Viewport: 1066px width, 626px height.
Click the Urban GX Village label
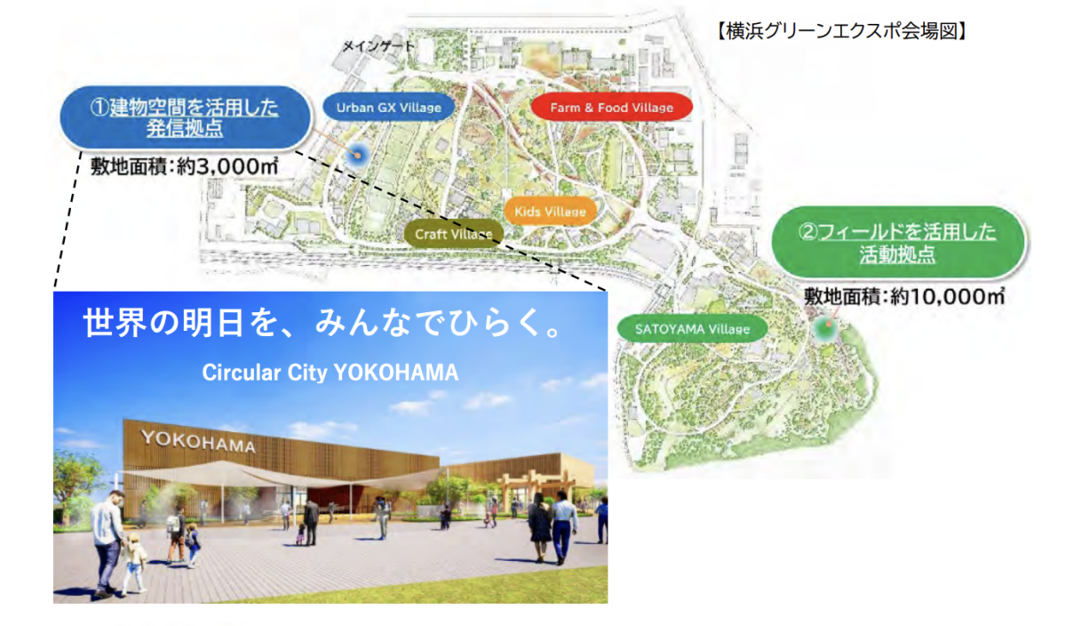tap(389, 108)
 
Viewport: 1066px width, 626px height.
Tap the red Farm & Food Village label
tap(611, 108)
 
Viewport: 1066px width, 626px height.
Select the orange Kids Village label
tap(550, 212)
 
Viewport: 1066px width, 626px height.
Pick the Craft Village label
tap(454, 234)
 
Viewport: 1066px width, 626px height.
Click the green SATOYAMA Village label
tap(692, 329)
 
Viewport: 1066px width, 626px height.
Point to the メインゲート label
tap(378, 45)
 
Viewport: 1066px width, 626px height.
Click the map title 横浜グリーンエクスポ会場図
tap(841, 31)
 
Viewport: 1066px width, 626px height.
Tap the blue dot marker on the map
tap(356, 155)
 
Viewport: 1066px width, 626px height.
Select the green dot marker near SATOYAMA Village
tap(827, 327)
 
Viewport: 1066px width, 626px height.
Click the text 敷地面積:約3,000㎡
tap(185, 167)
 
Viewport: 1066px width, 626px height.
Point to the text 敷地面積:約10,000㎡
tap(904, 296)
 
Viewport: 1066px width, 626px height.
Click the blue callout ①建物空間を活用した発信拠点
tap(185, 117)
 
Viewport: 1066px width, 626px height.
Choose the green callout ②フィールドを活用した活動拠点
tap(897, 243)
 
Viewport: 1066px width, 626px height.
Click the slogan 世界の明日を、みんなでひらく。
tap(323, 323)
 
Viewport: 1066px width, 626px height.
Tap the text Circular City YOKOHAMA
tap(330, 372)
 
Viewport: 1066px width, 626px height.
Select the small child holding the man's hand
tap(134, 565)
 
